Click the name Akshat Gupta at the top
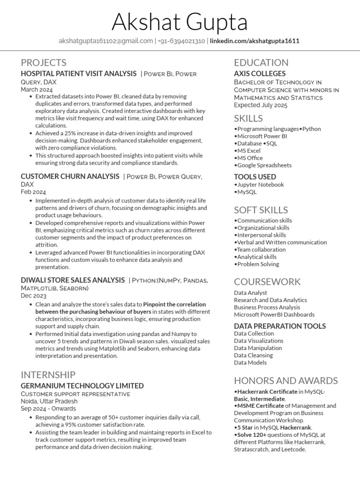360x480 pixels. (180, 22)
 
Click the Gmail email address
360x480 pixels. (105, 41)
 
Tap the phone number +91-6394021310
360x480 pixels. (181, 41)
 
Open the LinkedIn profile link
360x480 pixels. (255, 41)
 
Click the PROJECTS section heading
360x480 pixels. (44, 62)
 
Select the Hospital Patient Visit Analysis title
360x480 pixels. (79, 74)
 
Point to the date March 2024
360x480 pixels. (37, 89)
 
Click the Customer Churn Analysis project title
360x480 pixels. (70, 176)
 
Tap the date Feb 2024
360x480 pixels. (33, 192)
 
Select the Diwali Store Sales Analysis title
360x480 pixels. (73, 280)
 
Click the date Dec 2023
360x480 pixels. (34, 296)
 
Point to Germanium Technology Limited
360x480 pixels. (82, 386)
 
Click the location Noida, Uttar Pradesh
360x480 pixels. (49, 401)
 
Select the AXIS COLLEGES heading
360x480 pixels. (260, 74)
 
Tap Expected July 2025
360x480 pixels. (261, 105)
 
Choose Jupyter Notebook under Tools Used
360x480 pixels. (260, 185)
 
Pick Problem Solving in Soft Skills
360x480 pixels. (258, 264)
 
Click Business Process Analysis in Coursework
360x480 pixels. (267, 307)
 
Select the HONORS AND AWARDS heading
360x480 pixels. (286, 380)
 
